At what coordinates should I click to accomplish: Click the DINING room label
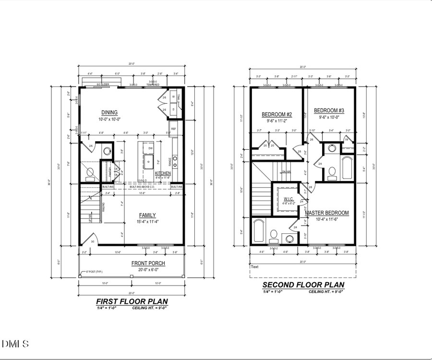[x=109, y=113]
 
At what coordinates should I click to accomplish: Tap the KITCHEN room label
[x=163, y=173]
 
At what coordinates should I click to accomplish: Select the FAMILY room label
[x=148, y=215]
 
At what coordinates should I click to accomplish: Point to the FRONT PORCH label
[x=148, y=263]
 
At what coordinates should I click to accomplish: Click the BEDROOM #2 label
[x=277, y=114]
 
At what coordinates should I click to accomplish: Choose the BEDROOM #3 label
[x=329, y=110]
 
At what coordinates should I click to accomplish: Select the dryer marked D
[x=173, y=109]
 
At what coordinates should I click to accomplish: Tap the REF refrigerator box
[x=173, y=129]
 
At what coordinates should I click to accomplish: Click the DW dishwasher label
[x=150, y=148]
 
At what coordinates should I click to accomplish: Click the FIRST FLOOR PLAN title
[x=132, y=301]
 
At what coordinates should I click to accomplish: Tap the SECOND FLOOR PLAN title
[x=303, y=285]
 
